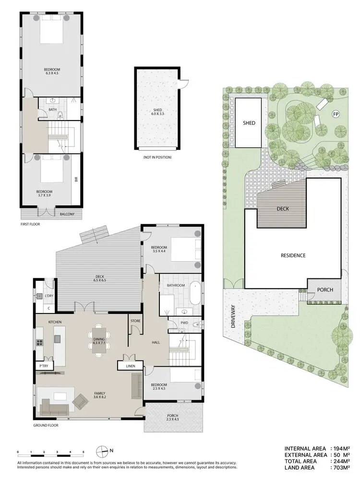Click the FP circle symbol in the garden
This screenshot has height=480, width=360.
click(x=336, y=114)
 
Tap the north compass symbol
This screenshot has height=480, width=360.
click(x=102, y=452)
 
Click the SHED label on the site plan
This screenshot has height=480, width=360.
click(x=249, y=123)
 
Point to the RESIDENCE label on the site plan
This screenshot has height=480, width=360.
click(x=293, y=255)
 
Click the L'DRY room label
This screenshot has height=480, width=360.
click(x=48, y=296)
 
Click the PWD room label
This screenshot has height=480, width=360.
click(x=184, y=323)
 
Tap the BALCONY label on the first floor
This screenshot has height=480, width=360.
click(x=67, y=214)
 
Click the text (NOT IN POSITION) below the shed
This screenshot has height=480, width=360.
click(x=158, y=157)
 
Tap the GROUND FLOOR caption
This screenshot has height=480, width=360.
click(x=46, y=425)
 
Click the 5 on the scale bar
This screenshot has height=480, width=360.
click(x=84, y=452)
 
